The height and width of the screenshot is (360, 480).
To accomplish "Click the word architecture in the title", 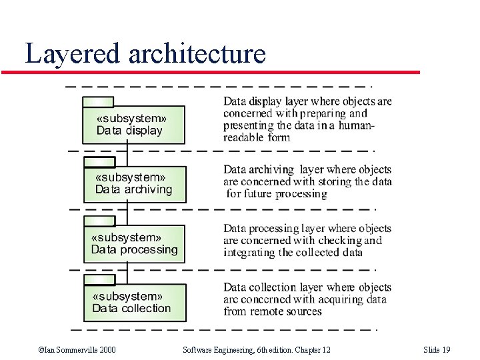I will click(197, 53).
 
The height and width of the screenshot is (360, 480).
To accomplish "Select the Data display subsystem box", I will click(133, 125).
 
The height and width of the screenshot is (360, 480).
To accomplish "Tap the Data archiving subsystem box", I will click(135, 184).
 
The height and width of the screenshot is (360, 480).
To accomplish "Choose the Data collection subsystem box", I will click(135, 302).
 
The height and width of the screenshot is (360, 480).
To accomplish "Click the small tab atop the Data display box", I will click(98, 102).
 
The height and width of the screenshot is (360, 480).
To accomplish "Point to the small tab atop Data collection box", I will click(99, 279).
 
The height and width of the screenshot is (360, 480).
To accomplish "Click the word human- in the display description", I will click(356, 126).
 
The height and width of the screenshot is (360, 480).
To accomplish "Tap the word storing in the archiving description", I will click(334, 182).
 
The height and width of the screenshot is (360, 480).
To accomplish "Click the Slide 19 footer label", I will click(437, 350).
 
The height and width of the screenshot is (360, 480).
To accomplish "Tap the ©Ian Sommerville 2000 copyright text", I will click(77, 350).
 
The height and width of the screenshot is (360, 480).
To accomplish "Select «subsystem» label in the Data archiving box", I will click(131, 177).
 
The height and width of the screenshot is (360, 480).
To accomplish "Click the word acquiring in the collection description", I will click(340, 299).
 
